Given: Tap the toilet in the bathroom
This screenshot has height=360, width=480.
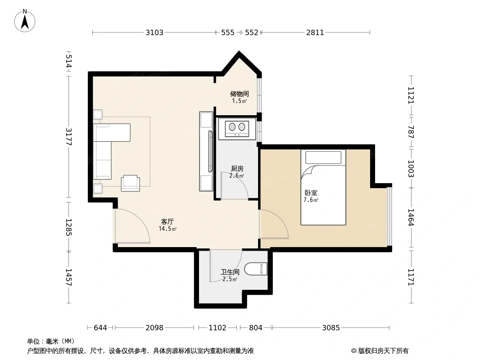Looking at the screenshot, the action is tap(256, 269).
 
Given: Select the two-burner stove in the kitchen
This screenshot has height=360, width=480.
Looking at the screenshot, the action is tap(237, 128).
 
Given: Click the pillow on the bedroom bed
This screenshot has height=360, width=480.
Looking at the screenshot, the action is tap(323, 157).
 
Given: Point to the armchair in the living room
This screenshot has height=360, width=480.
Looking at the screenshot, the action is tap(131, 183).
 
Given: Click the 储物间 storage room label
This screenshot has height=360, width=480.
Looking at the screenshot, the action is tap(240, 94).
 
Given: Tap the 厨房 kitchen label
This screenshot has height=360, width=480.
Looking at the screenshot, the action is tap(237, 169).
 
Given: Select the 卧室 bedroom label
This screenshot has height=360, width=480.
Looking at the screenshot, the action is tap(311, 193).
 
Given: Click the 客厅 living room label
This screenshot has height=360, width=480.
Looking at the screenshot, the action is tap(168, 221).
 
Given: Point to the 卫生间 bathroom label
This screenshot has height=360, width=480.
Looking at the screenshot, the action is tap(230, 272).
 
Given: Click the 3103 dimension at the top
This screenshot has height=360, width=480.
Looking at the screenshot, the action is tap(154, 32).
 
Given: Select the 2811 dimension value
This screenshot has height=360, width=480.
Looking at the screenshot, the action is tap(315, 32).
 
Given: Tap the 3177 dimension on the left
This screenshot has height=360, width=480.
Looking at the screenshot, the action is tap(68, 137).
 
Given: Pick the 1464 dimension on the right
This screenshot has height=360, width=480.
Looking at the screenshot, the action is tap(411, 217).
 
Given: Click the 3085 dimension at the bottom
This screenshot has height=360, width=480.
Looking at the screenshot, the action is tap(331, 328).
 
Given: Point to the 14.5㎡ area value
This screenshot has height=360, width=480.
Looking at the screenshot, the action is tap(168, 229).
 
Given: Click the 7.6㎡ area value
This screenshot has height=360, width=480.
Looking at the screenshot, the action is tap(311, 200).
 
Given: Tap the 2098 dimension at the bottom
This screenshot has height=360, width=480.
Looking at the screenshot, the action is tap(154, 328).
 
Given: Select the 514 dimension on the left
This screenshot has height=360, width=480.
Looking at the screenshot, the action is tap(68, 61).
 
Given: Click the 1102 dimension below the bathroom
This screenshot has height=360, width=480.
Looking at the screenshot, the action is tap(217, 328).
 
